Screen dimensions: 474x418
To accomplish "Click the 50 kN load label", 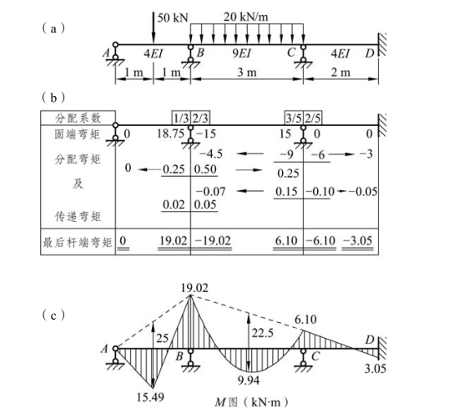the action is (x=173, y=18).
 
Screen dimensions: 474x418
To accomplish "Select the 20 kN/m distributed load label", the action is (x=246, y=17).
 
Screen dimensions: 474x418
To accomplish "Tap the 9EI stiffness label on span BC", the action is (x=241, y=53).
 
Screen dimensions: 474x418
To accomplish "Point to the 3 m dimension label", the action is (x=247, y=73).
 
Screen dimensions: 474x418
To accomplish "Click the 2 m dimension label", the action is (x=340, y=73).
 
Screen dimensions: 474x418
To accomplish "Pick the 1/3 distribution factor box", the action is (x=181, y=118).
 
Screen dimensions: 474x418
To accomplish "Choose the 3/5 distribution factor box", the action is (x=294, y=118).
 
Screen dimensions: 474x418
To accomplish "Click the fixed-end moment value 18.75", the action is (x=170, y=133).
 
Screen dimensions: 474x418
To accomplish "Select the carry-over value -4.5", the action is (x=211, y=154).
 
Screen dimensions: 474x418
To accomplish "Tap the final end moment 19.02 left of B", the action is (x=174, y=240).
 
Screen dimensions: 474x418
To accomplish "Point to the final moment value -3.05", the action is (x=358, y=240).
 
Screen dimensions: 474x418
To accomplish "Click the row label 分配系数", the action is (x=78, y=118).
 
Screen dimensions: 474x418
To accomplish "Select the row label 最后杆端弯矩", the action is (x=78, y=242).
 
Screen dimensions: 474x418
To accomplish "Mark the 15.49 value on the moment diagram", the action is (x=150, y=397).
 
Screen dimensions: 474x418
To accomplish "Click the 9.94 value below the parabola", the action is (x=249, y=380).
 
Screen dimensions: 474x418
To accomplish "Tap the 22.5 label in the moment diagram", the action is (x=263, y=333).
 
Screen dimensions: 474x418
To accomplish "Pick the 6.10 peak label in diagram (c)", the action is (x=305, y=320).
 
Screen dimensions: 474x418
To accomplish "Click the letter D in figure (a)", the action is (x=370, y=53).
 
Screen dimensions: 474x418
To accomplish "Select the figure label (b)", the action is (x=53, y=98).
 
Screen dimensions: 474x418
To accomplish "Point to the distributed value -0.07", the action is (x=210, y=191).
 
